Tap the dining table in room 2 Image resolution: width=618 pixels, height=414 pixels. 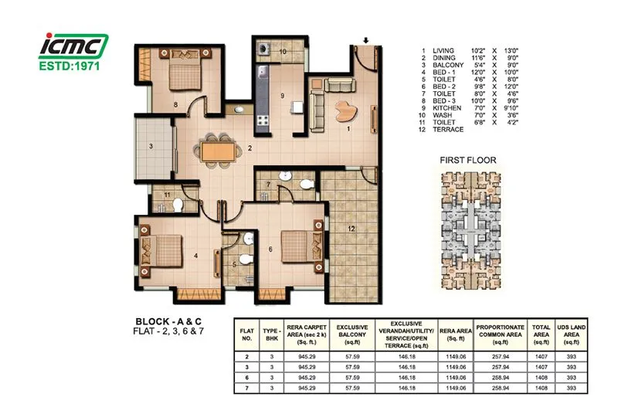tap(216, 149)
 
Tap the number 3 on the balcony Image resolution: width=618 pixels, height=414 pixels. tap(151, 144)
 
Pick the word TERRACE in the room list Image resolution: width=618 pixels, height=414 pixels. tap(450, 129)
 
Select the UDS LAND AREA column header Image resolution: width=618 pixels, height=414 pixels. tap(571, 331)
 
